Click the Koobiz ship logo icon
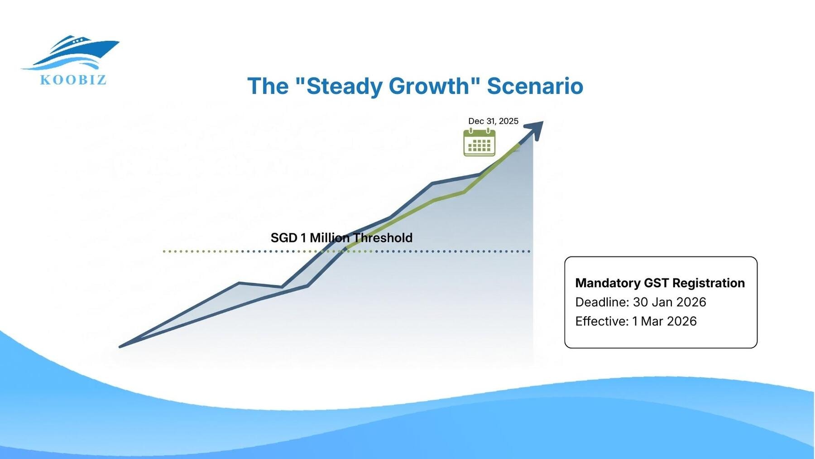point(70,53)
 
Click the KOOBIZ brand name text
point(73,80)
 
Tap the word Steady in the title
point(344,87)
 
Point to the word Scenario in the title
point(535,86)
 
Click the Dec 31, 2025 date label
point(493,121)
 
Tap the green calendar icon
point(479,142)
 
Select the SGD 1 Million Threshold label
point(341,238)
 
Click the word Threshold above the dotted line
point(383,238)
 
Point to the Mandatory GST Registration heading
point(660,283)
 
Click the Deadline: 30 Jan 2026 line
point(641,302)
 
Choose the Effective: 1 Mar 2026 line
point(636,321)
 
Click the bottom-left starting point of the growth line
point(120,347)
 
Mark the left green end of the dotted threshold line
point(164,251)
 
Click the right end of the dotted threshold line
point(529,251)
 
